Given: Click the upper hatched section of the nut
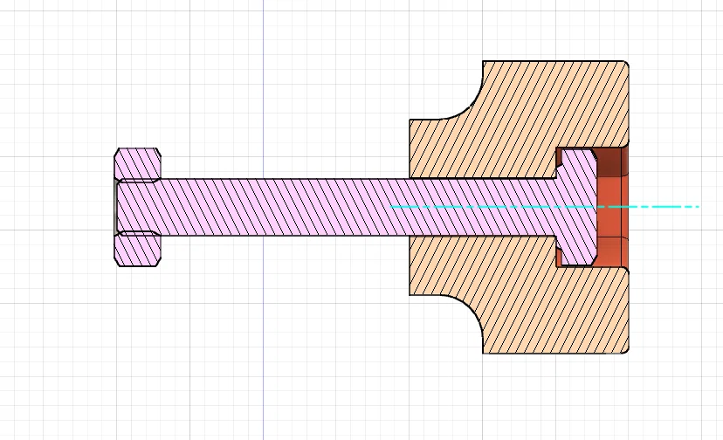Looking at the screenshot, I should pyautogui.click(x=137, y=164).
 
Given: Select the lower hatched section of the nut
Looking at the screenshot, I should pyautogui.click(x=137, y=250).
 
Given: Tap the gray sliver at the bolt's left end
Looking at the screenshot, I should pyautogui.click(x=116, y=207).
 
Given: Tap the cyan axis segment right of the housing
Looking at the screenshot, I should pyautogui.click(x=664, y=207).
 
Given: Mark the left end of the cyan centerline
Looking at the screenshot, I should pyautogui.click(x=392, y=207).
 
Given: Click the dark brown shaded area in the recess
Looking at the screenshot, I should pyautogui.click(x=611, y=161).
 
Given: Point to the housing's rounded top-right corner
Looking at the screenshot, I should pyautogui.click(x=625, y=64).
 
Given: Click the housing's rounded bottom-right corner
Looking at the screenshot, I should pyautogui.click(x=625, y=351).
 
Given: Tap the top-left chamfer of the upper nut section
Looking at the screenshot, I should pyautogui.click(x=118, y=152).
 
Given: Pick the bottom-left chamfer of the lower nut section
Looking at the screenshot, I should pyautogui.click(x=118, y=262).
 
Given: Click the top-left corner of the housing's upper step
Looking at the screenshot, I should pyautogui.click(x=410, y=120).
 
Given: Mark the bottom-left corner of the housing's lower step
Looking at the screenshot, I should pyautogui.click(x=410, y=295).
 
